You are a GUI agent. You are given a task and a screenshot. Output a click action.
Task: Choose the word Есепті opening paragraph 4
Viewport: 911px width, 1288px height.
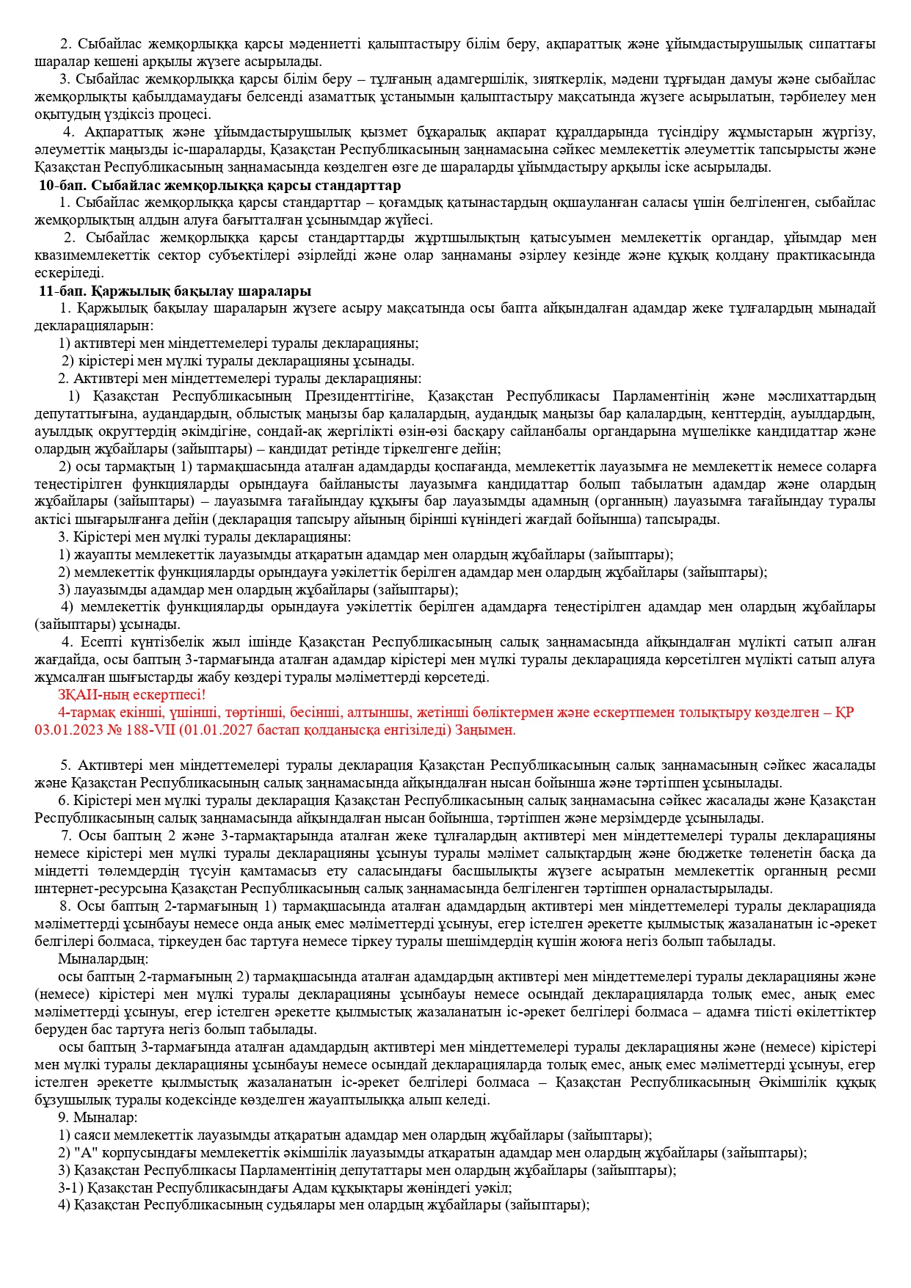pyautogui.click(x=109, y=642)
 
